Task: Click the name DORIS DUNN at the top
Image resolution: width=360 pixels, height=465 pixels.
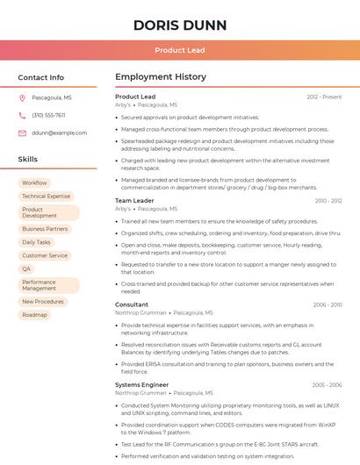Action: (180, 25)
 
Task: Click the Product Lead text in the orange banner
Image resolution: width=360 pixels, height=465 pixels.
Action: (180, 50)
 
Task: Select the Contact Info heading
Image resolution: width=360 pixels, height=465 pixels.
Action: (40, 77)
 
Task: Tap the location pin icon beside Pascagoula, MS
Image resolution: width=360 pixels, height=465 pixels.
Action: (22, 97)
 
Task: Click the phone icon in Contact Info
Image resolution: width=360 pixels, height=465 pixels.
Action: (22, 115)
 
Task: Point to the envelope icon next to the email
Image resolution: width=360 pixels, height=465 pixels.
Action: (22, 132)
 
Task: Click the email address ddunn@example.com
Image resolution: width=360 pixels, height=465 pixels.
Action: (60, 132)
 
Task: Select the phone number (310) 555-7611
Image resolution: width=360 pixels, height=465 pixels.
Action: (48, 115)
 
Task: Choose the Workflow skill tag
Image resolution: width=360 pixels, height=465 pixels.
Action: (34, 182)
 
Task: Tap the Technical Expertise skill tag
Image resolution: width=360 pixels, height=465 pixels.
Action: (46, 197)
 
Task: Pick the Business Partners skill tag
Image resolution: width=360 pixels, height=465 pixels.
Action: (45, 229)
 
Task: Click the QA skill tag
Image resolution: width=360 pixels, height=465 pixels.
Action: (26, 268)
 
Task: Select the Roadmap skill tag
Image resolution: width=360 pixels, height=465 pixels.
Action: (34, 314)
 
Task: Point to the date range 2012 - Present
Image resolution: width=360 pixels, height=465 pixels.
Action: (324, 97)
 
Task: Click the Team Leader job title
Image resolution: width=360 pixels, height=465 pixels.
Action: (134, 201)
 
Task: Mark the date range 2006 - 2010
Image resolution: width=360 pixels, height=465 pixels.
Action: (327, 304)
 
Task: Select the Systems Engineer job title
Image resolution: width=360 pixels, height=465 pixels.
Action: (141, 384)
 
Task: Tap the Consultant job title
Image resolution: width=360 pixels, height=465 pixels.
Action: (132, 304)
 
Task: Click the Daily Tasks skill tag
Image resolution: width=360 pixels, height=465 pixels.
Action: (36, 242)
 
